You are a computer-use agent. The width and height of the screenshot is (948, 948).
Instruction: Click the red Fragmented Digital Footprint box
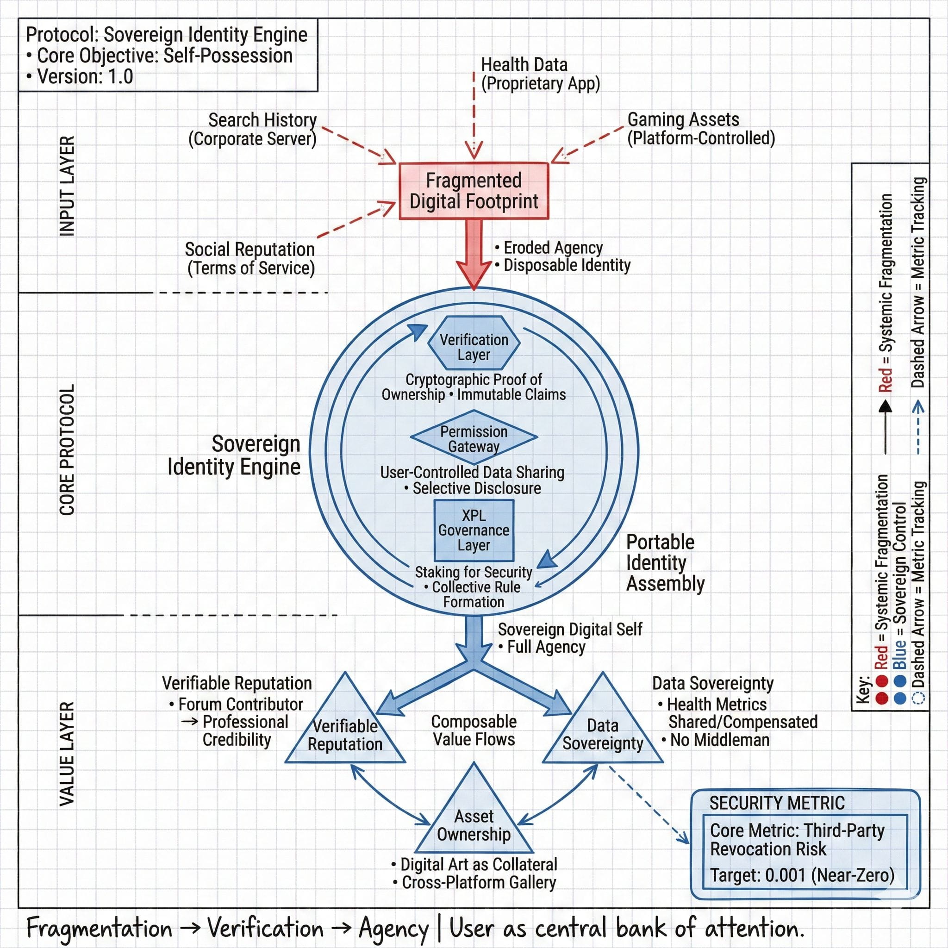tap(474, 191)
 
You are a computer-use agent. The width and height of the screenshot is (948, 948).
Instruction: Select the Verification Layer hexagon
tap(474, 343)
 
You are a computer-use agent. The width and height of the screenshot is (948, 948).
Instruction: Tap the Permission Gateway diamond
tap(474, 437)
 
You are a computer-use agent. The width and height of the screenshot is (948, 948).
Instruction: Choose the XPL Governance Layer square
tap(474, 530)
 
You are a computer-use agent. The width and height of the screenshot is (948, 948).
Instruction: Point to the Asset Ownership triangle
tap(474, 824)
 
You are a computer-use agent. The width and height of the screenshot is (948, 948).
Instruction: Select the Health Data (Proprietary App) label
tap(540, 74)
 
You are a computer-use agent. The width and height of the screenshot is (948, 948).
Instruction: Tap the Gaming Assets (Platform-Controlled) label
tap(701, 129)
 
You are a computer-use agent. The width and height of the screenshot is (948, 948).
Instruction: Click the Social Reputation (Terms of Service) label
tap(250, 259)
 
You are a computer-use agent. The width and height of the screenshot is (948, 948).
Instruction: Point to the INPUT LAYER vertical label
tap(67, 187)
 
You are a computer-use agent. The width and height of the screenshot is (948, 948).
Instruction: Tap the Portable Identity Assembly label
tap(665, 563)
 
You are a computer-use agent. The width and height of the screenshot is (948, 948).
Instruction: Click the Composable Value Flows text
tap(474, 730)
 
